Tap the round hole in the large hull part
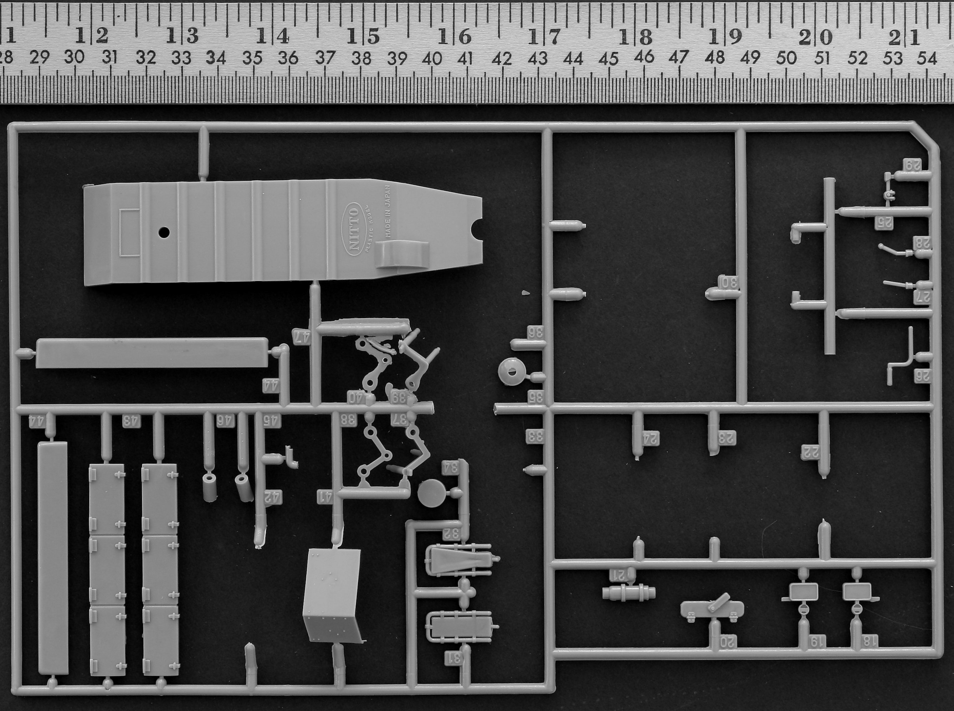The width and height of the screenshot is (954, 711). [x=164, y=232]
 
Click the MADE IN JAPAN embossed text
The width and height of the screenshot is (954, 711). [x=388, y=212]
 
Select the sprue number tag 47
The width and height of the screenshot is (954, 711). [x=301, y=336]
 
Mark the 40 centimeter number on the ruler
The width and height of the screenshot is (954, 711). [x=432, y=58]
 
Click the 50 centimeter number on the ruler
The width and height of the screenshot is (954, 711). [x=786, y=58]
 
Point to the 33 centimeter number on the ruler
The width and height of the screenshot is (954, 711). [x=181, y=58]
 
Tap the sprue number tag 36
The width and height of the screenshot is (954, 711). [x=535, y=332]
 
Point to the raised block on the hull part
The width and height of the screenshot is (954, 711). [x=402, y=254]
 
